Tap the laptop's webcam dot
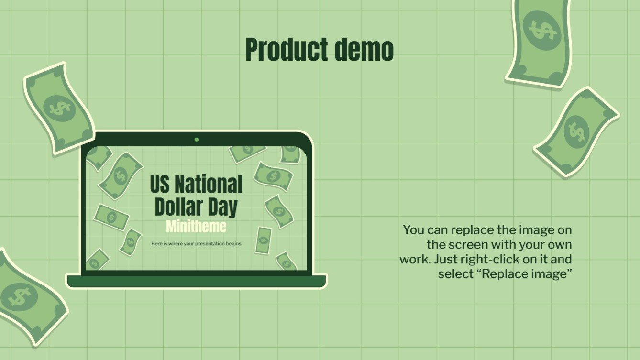(x=196, y=140)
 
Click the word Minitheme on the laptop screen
(x=196, y=226)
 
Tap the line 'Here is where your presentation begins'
(x=196, y=244)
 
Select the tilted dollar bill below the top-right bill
(x=576, y=131)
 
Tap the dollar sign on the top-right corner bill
(x=541, y=30)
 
